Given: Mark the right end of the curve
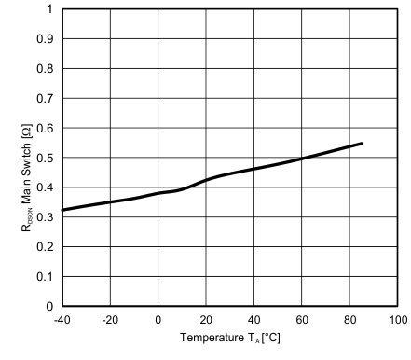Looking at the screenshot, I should click(x=362, y=144).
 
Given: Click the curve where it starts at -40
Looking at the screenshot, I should click(x=62, y=210).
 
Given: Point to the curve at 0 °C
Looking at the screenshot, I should click(x=158, y=193).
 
